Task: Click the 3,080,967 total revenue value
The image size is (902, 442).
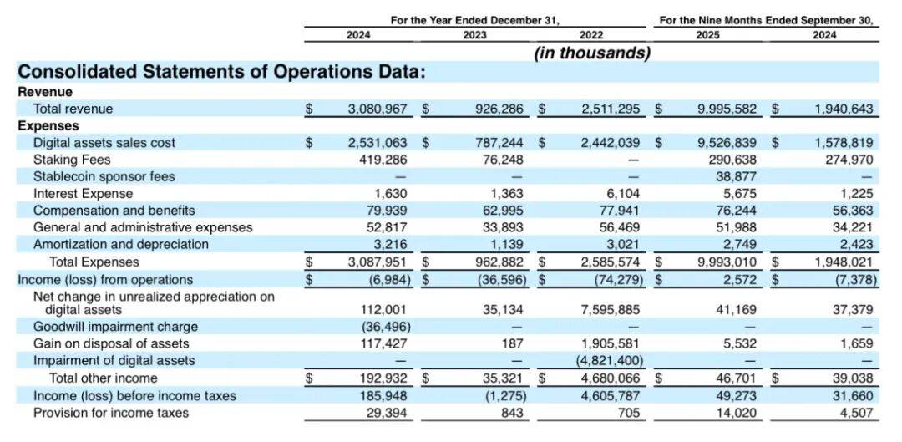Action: click(377, 109)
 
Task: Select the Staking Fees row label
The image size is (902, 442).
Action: click(72, 160)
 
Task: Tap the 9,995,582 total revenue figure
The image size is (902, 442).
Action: click(727, 109)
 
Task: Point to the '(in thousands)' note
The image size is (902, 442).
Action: click(592, 53)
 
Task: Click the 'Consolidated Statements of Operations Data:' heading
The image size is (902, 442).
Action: click(222, 72)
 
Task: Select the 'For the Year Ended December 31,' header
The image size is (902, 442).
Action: click(475, 19)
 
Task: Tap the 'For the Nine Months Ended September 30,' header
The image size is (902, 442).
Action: click(767, 19)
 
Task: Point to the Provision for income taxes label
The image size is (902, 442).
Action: click(111, 413)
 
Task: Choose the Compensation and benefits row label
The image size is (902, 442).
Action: click(114, 211)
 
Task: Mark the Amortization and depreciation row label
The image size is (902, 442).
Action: click(121, 245)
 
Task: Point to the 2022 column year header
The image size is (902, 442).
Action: click(590, 35)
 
